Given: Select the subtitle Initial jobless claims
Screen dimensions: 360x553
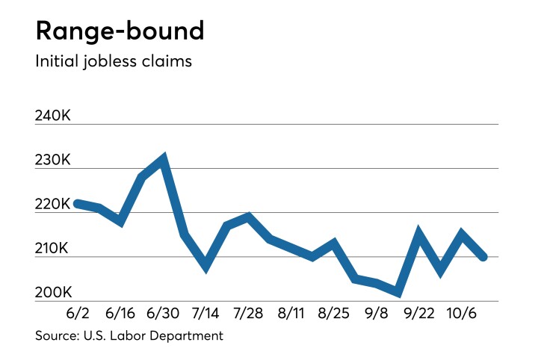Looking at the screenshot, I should pos(114,61).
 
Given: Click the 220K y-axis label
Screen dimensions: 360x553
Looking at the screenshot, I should pos(53,204).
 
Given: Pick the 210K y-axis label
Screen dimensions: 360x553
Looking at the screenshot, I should pos(53,248).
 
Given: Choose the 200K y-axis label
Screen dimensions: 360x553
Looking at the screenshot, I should pos(53,292).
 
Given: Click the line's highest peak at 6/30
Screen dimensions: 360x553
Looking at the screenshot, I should pos(163,159).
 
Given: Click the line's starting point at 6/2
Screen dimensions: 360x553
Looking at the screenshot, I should pos(78,203).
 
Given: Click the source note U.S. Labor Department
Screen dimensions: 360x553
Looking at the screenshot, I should pos(129,336).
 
